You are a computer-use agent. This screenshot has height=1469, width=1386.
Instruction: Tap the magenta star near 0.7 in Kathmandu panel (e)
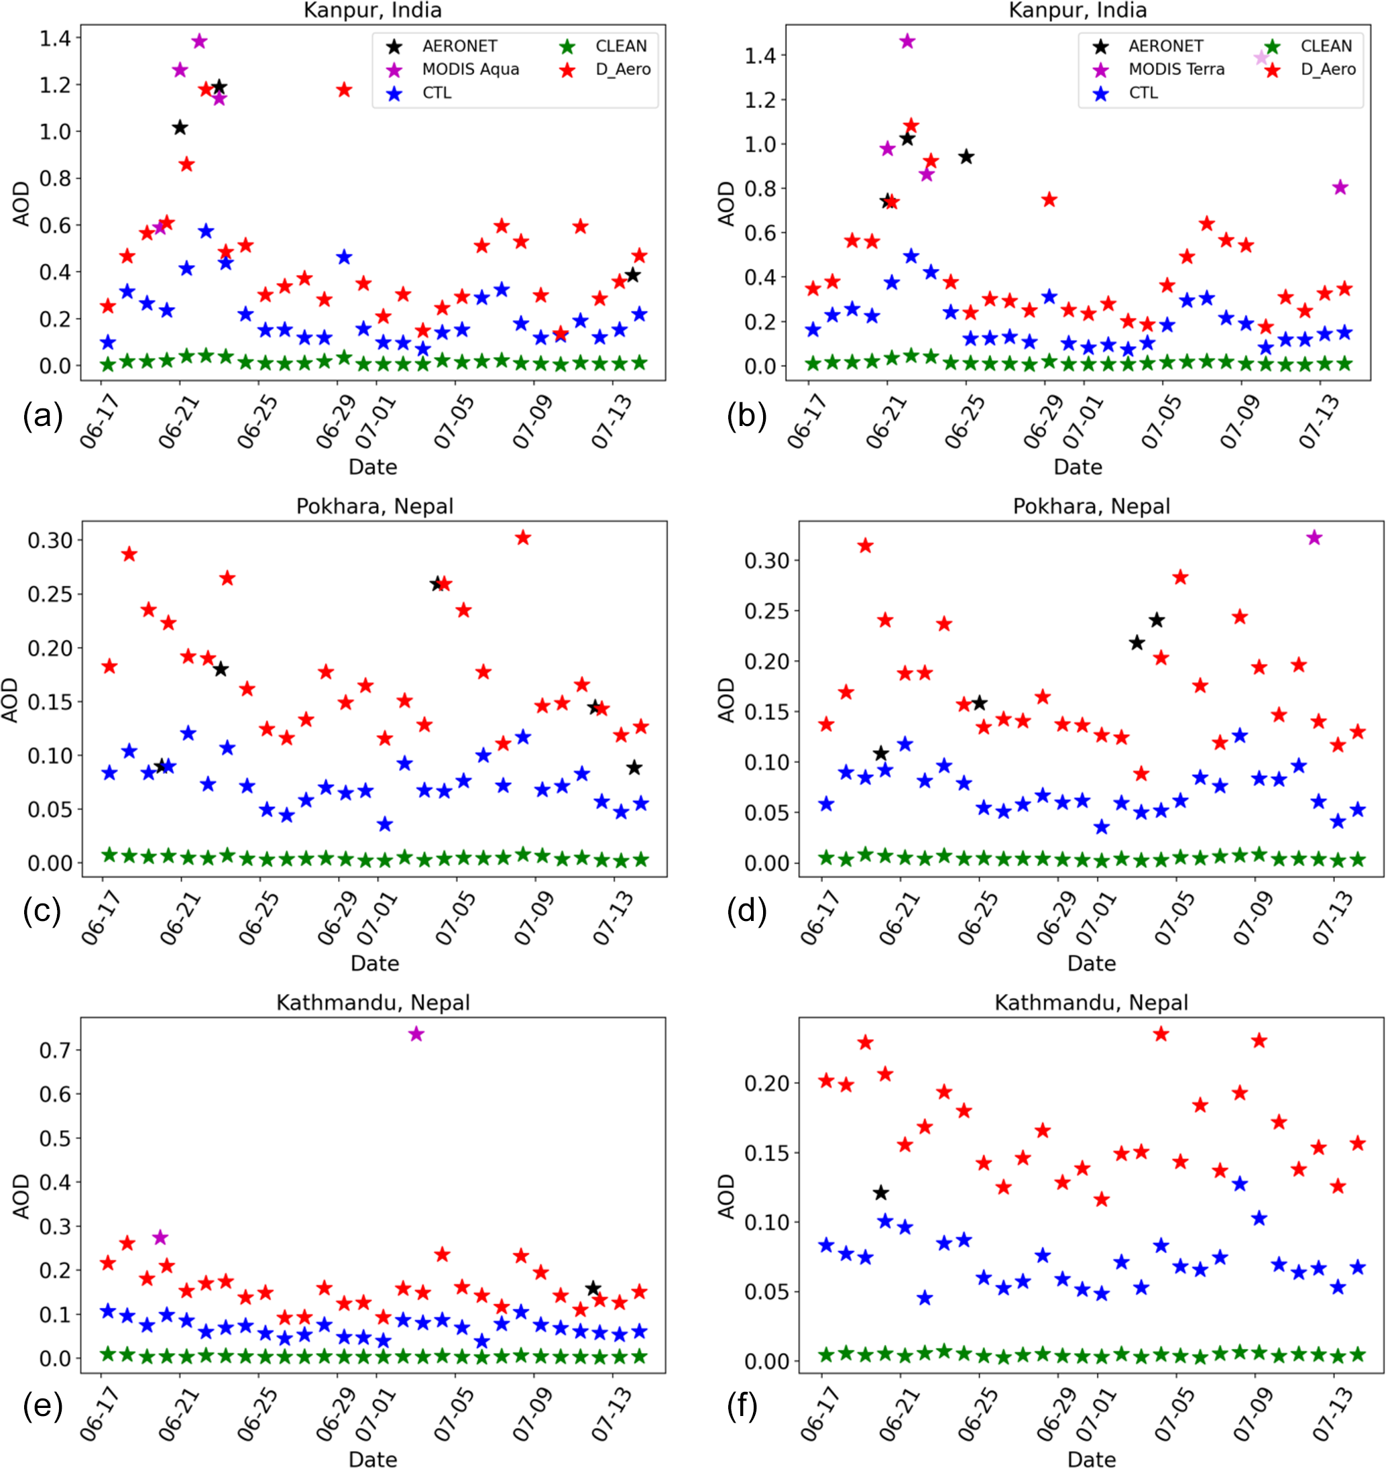click(x=416, y=1034)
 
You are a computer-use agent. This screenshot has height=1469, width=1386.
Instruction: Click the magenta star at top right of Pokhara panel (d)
click(x=1314, y=538)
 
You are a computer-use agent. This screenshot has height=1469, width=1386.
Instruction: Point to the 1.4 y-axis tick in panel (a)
click(x=56, y=38)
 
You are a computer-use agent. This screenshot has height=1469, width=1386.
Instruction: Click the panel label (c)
click(x=42, y=912)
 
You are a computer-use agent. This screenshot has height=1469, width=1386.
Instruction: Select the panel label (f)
click(x=743, y=1407)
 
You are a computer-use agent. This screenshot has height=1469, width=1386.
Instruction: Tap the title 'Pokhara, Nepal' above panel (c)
click(x=375, y=506)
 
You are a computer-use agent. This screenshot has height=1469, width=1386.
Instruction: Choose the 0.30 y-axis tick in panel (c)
click(x=50, y=540)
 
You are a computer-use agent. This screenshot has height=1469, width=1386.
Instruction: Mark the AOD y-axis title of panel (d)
click(x=727, y=699)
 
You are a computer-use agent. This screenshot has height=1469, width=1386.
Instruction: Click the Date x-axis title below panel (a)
click(x=372, y=467)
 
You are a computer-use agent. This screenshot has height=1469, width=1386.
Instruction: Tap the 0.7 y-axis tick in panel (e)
click(x=56, y=1050)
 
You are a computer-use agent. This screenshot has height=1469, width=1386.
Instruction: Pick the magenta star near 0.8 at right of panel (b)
click(x=1340, y=188)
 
